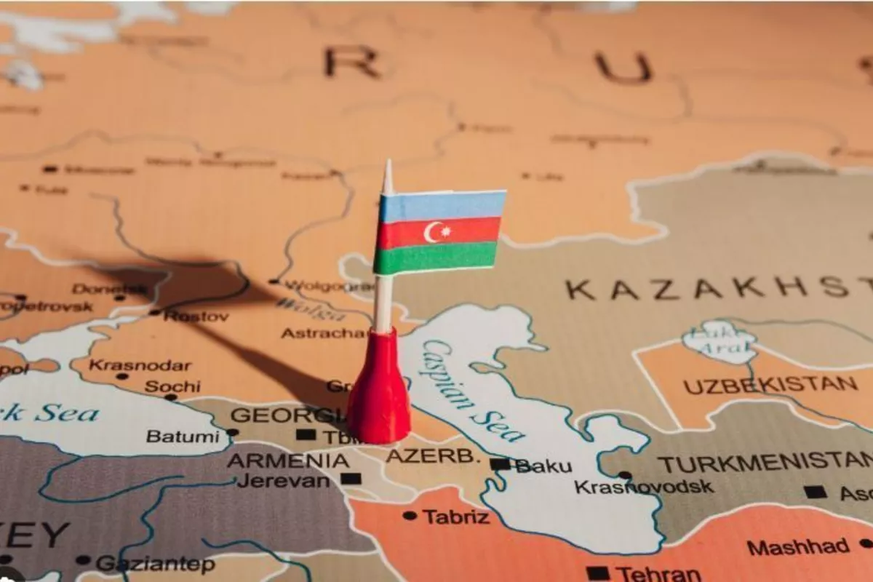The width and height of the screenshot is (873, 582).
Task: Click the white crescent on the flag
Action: pyautogui.click(x=434, y=232)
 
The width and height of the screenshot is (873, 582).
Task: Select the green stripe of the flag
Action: pyautogui.click(x=436, y=258)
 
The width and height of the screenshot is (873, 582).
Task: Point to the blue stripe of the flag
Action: pyautogui.click(x=442, y=206)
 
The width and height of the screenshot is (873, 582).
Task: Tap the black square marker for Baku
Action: pyautogui.click(x=500, y=464)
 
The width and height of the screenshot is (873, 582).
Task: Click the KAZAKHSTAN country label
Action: pyautogui.click(x=717, y=289)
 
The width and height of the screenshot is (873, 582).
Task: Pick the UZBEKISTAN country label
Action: pyautogui.click(x=770, y=385)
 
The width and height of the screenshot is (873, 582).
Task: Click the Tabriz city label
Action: pyautogui.click(x=456, y=517)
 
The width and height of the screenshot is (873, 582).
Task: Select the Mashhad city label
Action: pyautogui.click(x=797, y=547)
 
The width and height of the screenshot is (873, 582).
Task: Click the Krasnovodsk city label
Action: pyautogui.click(x=644, y=487)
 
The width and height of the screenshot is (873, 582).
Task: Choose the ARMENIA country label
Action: pyautogui.click(x=287, y=461)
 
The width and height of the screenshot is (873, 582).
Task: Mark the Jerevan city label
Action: pyautogui.click(x=283, y=480)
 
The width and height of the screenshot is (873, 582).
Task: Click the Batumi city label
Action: pyautogui.click(x=182, y=436)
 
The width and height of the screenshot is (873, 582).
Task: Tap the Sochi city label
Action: pyautogui.click(x=172, y=386)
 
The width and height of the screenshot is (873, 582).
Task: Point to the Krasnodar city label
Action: pyautogui.click(x=140, y=365)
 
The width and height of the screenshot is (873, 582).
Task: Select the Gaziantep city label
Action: pyautogui.click(x=156, y=564)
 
